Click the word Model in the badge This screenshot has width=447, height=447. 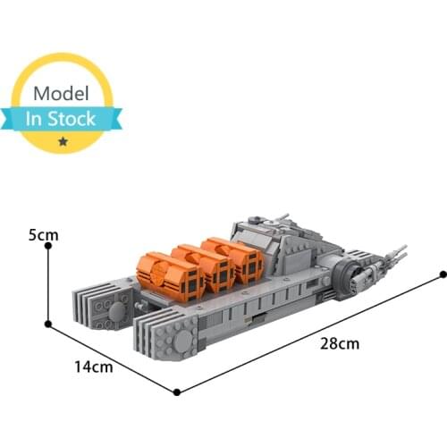62,94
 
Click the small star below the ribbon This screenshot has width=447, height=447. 61,141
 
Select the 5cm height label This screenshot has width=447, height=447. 43,236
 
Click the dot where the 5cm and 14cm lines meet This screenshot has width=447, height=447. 47,324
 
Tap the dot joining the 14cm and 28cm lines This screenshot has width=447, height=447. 178,392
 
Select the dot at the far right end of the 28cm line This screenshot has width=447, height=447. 440,272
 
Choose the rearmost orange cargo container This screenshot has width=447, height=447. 235,257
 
